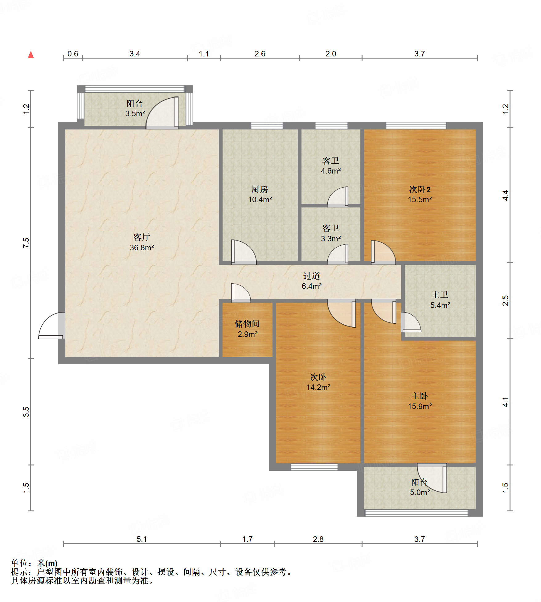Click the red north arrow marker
(x=31, y=55)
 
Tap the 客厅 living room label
(x=142, y=237)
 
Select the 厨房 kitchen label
(x=260, y=189)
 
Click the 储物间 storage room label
(x=247, y=324)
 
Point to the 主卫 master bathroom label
(x=440, y=295)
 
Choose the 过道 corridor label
(x=312, y=276)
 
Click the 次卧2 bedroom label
(x=420, y=189)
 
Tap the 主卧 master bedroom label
(x=420, y=396)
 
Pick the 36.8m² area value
(x=142, y=248)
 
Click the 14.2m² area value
(x=318, y=387)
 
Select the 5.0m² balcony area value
(x=420, y=492)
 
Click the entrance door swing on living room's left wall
(x=52, y=326)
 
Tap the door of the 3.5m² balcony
(x=162, y=113)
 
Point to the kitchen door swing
(x=244, y=252)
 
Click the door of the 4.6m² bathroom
(x=338, y=197)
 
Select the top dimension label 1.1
(x=204, y=54)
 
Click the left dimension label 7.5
(x=26, y=243)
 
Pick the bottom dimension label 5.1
(x=142, y=539)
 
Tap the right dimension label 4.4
(x=505, y=195)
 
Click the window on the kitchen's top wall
(x=267, y=125)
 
